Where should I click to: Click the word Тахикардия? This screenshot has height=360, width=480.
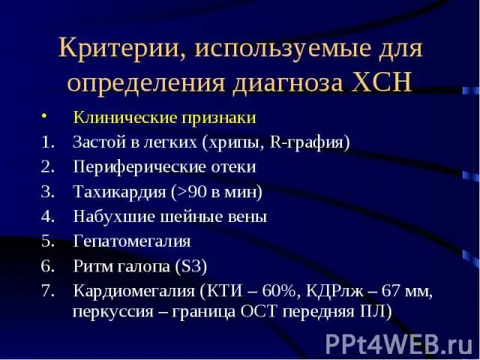coord(119,191)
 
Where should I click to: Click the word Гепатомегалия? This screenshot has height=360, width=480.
coord(132,241)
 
